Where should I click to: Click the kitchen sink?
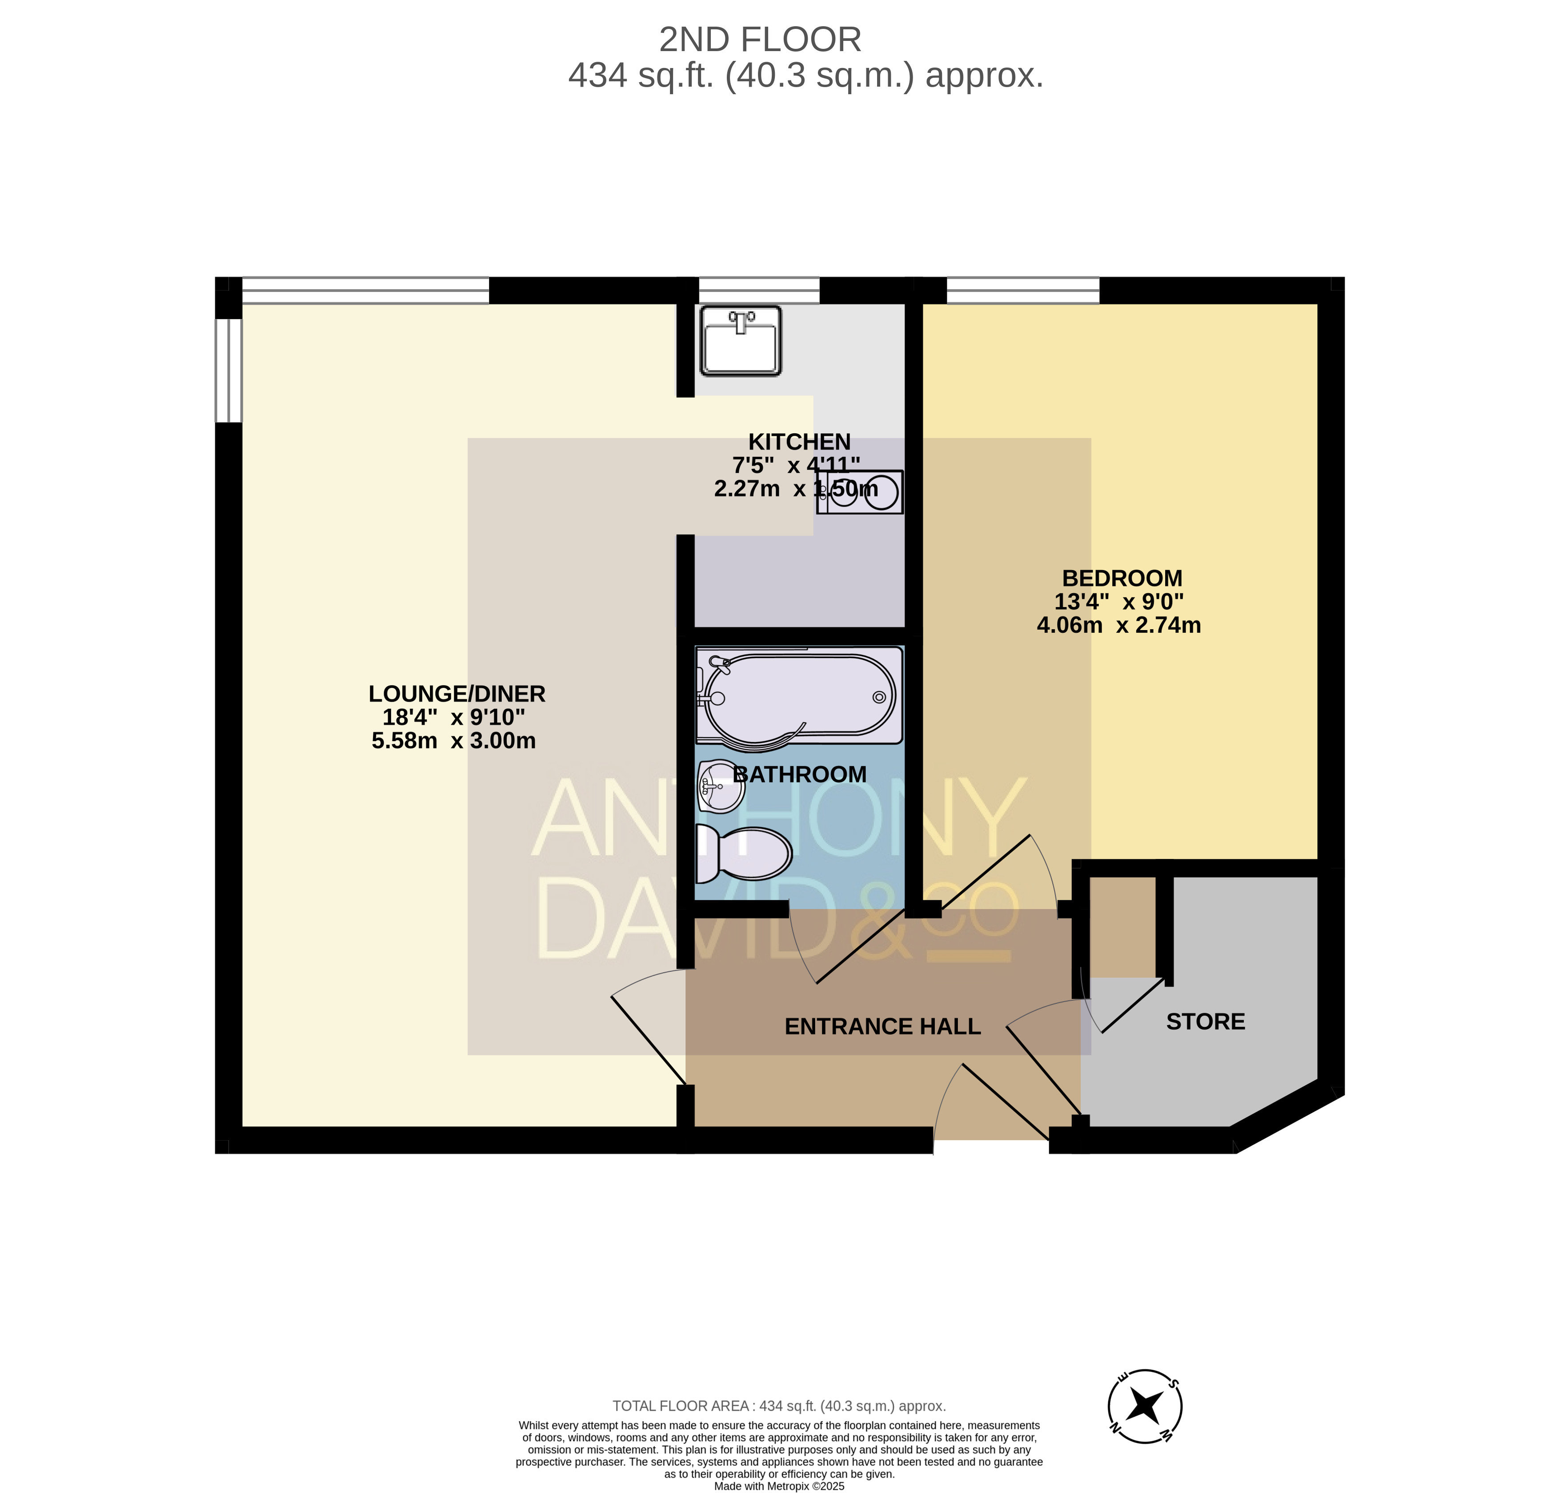[x=741, y=341]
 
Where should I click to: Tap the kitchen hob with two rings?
[x=860, y=492]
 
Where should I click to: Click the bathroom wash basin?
[x=721, y=786]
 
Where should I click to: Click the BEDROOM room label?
[x=1122, y=578]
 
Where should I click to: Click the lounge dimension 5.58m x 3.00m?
[x=453, y=740]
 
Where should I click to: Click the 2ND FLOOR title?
[x=761, y=40]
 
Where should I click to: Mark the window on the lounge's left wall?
[x=229, y=371]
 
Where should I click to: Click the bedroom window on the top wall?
[x=1023, y=290]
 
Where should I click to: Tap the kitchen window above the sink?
[x=759, y=290]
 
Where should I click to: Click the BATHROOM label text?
[x=799, y=774]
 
